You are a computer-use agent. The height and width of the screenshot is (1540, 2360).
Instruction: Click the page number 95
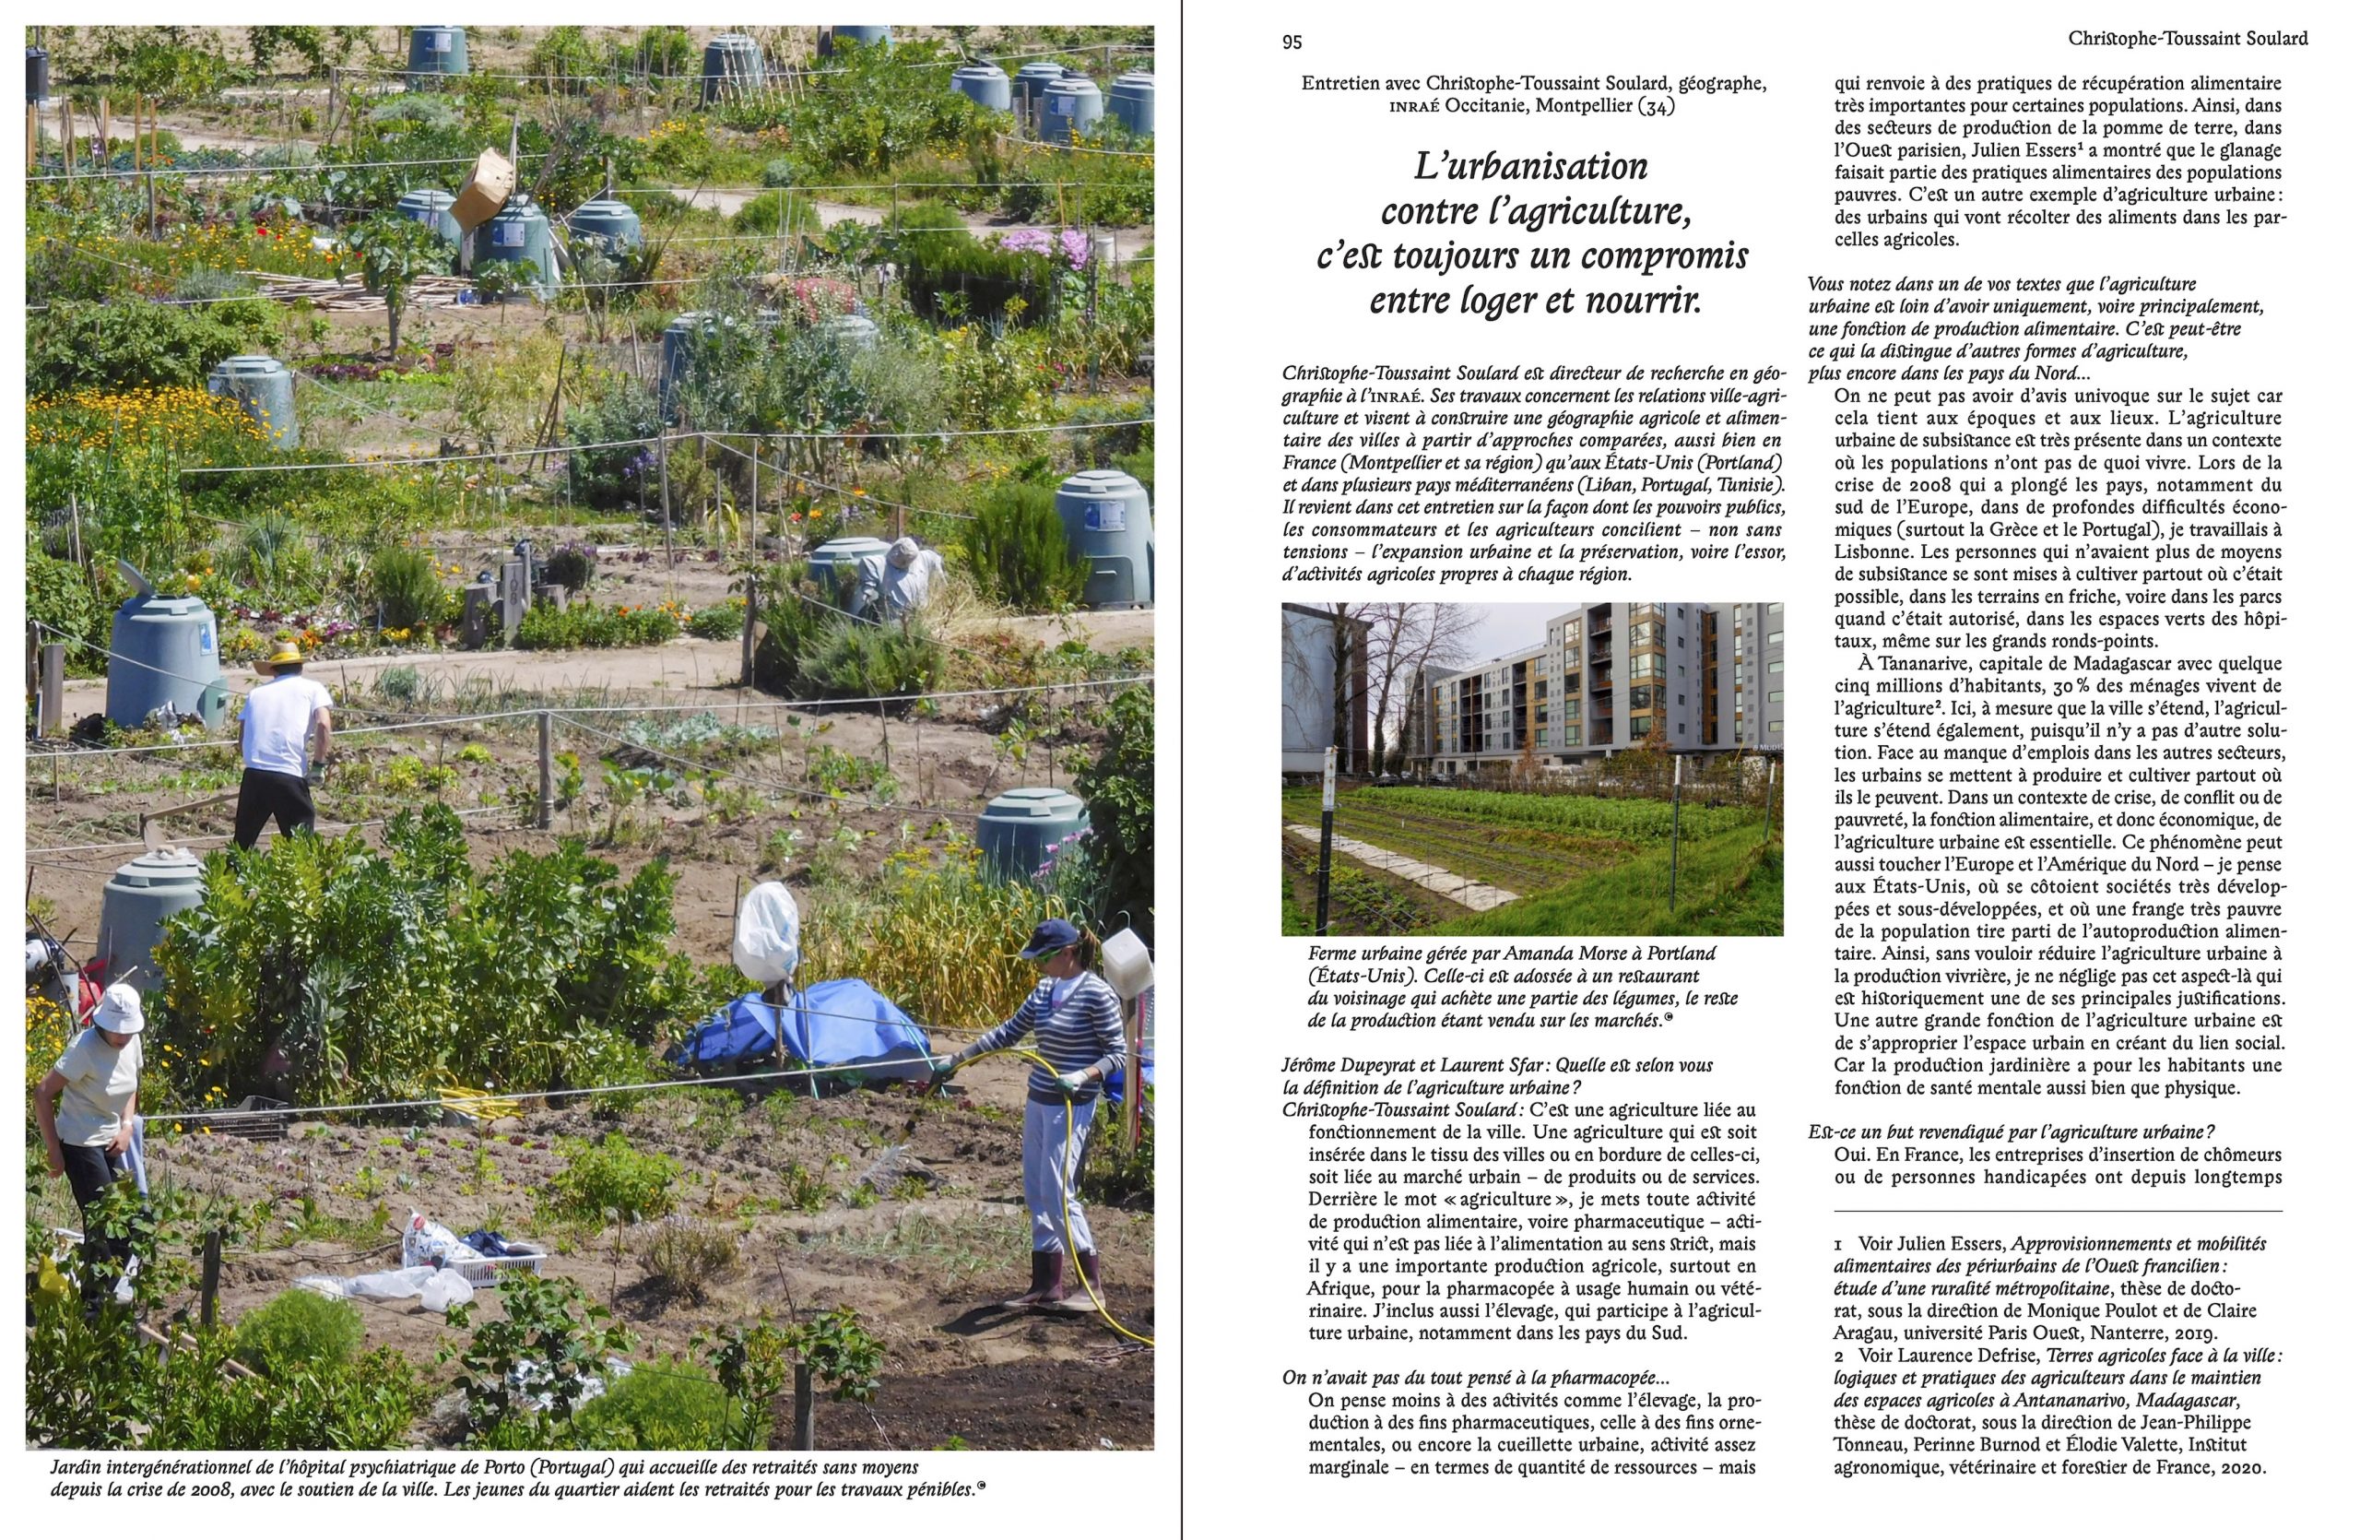1291,41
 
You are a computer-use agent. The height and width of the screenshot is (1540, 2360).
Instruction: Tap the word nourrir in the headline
1640,302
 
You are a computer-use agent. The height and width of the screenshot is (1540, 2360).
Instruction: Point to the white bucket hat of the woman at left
117,1008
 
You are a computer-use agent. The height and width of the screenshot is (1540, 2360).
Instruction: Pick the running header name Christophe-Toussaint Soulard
2188,39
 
